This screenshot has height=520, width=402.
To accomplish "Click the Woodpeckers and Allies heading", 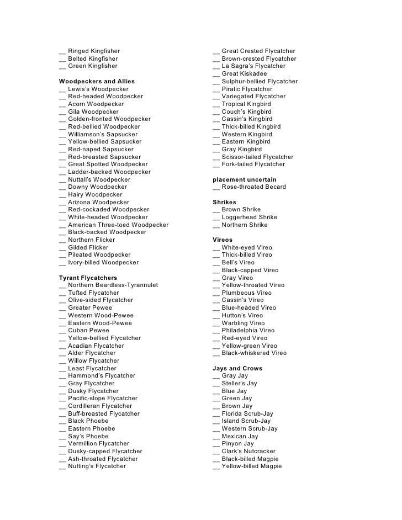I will point(97,81).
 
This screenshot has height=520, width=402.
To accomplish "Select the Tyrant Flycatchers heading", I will point(88,278).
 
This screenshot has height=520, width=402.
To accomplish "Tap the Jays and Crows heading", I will point(237,368).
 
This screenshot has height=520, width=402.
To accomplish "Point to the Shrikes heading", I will point(224,202).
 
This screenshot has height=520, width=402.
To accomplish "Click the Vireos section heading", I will point(223,240).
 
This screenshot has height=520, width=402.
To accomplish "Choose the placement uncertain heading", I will point(245,179).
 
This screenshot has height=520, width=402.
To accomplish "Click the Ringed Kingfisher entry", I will point(93,51).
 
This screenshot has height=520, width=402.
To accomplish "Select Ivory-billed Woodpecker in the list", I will point(103,263).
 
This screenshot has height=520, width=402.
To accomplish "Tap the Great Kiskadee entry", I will point(244,74).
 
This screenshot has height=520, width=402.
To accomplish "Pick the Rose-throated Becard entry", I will point(253,187).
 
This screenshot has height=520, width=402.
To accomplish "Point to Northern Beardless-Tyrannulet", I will point(113,285).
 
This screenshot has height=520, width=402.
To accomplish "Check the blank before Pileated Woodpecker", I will point(62,256).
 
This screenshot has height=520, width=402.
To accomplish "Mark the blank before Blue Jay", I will point(216,391).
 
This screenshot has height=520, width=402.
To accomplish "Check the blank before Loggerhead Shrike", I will point(216,217).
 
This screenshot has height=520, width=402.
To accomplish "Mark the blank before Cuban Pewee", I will point(62,331).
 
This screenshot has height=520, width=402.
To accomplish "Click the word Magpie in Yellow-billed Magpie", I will point(269,466).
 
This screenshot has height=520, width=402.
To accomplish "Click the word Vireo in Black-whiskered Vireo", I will point(277,353).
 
